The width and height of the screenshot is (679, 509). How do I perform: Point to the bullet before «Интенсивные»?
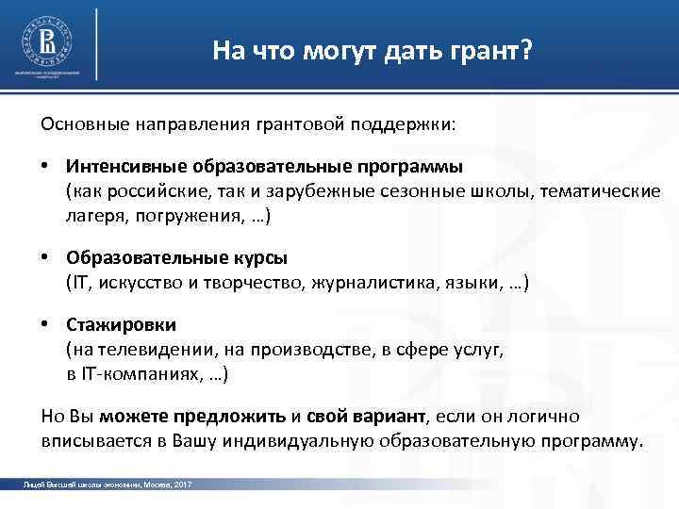[46, 167]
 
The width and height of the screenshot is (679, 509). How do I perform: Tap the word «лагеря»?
[91, 216]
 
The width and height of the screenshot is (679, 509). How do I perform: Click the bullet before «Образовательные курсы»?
[46, 258]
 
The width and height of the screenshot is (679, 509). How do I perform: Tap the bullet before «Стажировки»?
[46, 325]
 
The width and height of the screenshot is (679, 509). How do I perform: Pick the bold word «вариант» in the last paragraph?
[393, 416]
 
